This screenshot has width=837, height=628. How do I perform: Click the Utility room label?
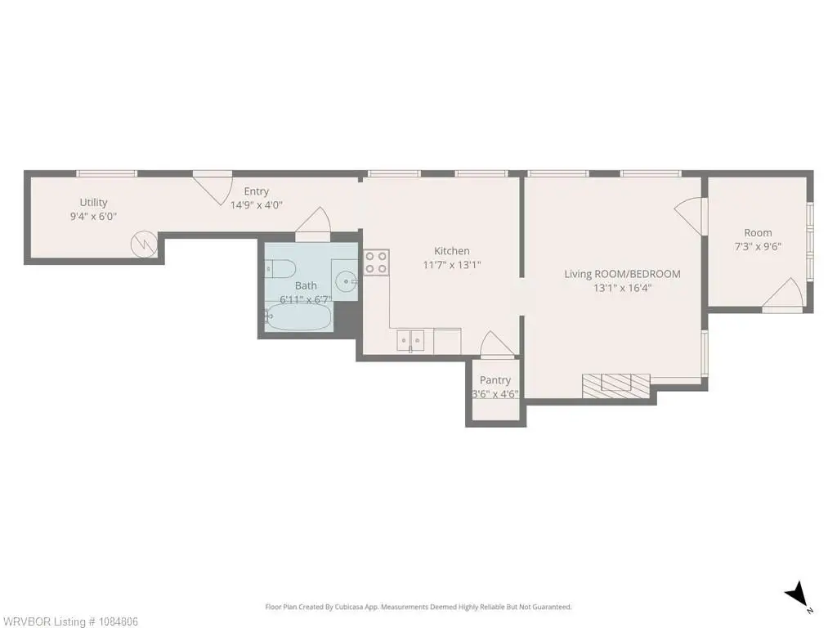(x=93, y=203)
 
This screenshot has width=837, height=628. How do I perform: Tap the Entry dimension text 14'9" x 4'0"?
(x=256, y=205)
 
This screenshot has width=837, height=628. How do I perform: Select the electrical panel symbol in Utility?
(x=144, y=244)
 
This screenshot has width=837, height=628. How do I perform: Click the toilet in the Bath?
(x=280, y=268)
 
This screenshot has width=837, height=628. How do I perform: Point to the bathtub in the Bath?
(x=298, y=318)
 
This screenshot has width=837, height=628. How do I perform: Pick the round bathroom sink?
(x=347, y=280)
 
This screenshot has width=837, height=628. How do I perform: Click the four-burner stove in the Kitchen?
(x=376, y=262)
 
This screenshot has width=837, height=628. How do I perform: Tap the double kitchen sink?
(x=410, y=340)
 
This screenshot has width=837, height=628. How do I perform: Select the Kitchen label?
(x=451, y=251)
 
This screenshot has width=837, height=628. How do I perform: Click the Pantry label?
(x=495, y=380)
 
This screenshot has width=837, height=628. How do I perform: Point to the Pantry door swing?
(x=497, y=344)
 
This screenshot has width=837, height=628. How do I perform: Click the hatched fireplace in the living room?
(x=616, y=386)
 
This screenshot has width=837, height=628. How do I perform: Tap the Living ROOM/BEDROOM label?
(x=622, y=274)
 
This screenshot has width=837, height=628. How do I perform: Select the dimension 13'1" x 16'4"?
(x=622, y=289)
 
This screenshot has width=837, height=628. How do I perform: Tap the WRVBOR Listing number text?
(x=69, y=621)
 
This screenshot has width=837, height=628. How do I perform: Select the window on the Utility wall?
(x=106, y=173)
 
